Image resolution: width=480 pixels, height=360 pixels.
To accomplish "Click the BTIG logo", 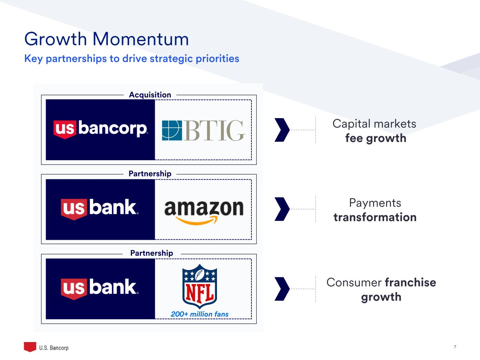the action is [x=203, y=130].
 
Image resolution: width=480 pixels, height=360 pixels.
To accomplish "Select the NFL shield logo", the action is [x=200, y=286].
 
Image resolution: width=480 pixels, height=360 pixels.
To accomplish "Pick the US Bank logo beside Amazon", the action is [x=100, y=209].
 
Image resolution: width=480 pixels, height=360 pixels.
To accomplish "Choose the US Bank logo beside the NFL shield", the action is [x=100, y=289].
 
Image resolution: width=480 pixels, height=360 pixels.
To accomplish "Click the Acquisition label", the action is [x=150, y=95].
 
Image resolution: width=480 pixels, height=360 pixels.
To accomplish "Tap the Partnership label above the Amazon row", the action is [x=150, y=174].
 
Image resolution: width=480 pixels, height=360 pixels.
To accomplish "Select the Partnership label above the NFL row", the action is [x=152, y=253].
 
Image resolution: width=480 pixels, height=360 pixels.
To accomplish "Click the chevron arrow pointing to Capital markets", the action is [x=282, y=130].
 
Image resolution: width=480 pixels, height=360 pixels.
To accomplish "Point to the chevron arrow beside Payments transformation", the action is [x=282, y=209].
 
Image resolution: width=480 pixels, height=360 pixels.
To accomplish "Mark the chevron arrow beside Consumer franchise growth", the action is [x=282, y=289].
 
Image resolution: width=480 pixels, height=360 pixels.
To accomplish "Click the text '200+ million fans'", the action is [x=199, y=314].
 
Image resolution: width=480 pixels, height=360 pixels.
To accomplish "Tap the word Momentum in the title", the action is [x=141, y=39].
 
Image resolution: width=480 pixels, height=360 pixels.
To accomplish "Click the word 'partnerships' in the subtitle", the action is [x=76, y=59].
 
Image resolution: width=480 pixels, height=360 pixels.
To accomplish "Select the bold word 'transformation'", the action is [x=375, y=217].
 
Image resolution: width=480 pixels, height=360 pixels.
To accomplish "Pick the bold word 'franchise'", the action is [x=410, y=282].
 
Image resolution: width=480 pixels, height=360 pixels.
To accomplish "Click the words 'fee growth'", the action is [x=376, y=139].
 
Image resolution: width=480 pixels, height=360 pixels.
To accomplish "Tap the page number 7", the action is [x=455, y=347].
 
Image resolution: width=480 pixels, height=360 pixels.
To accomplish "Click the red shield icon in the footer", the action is [x=30, y=347].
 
